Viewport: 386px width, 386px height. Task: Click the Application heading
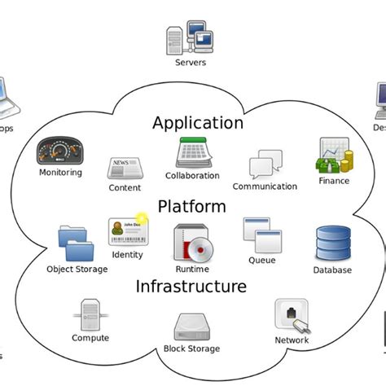pos(198,123)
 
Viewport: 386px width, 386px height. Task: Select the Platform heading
pos(191,206)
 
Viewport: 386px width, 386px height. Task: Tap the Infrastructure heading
pos(191,287)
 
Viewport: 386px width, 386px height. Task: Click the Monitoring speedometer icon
pos(60,151)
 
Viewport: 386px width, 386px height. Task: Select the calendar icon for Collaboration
pos(192,153)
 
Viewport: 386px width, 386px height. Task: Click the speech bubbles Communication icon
pos(265,164)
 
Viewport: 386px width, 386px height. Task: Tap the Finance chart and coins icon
pos(334,155)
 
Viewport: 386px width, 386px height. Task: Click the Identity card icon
pos(127,232)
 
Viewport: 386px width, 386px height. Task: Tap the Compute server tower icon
pos(90,314)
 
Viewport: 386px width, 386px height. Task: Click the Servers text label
pos(191,62)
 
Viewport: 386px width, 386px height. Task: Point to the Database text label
pos(332,270)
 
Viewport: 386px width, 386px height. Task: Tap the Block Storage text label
pos(192,349)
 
